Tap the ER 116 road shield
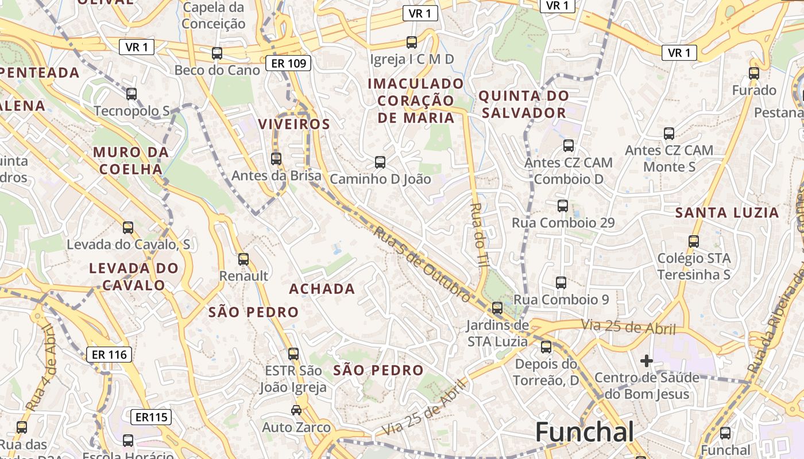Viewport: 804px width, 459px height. (x=109, y=355)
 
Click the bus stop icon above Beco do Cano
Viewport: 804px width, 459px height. (x=217, y=53)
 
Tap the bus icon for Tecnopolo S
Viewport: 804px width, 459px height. (x=132, y=94)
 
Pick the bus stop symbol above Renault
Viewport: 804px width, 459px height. (x=243, y=259)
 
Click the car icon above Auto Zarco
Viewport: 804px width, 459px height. (x=296, y=410)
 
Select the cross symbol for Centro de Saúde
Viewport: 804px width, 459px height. (x=647, y=361)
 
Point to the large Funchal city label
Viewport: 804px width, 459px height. (x=585, y=432)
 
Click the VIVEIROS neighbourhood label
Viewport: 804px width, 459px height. (x=294, y=125)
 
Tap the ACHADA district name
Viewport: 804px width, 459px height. (x=322, y=289)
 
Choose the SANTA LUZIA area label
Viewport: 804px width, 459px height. (x=726, y=213)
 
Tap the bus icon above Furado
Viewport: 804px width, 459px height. (x=754, y=73)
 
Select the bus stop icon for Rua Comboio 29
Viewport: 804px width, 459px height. (x=563, y=206)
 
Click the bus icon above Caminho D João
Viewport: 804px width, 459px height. (x=380, y=162)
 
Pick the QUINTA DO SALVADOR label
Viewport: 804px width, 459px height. (x=524, y=104)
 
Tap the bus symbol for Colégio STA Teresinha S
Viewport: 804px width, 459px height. (x=694, y=242)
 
